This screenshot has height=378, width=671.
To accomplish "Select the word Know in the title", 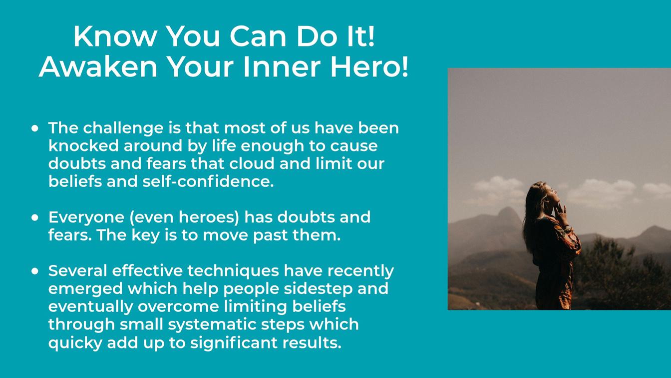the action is pyautogui.click(x=115, y=36).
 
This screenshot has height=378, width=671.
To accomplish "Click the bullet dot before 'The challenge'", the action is pyautogui.click(x=35, y=128).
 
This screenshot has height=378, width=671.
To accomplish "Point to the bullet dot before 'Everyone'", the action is pyautogui.click(x=35, y=217).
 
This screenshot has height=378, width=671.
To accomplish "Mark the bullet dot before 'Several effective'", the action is pyautogui.click(x=35, y=271).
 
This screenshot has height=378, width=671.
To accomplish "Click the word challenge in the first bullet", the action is pyautogui.click(x=123, y=128).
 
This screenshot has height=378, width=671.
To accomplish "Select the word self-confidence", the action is pyautogui.click(x=208, y=181).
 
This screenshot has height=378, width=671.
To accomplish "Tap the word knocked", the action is pyautogui.click(x=83, y=146).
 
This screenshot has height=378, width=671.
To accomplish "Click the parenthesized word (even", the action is pyautogui.click(x=152, y=217).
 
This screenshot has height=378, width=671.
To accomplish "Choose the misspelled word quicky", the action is pyautogui.click(x=75, y=343).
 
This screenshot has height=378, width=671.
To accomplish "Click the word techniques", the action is pyautogui.click(x=233, y=271).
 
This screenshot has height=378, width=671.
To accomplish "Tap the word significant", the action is pyautogui.click(x=234, y=343).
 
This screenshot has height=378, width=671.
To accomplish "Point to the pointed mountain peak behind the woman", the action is pyautogui.click(x=507, y=213).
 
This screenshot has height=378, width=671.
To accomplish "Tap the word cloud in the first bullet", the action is pyautogui.click(x=252, y=164).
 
